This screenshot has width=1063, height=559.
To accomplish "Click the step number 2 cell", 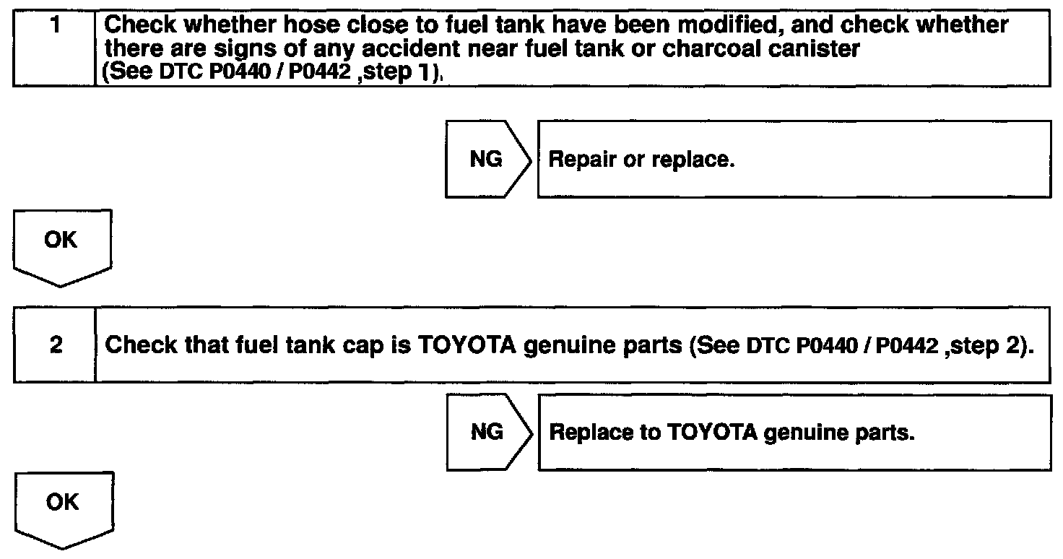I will [54, 345].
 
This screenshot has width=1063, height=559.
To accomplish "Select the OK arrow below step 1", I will [61, 242].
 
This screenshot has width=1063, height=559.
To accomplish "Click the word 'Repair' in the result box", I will [576, 160].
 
